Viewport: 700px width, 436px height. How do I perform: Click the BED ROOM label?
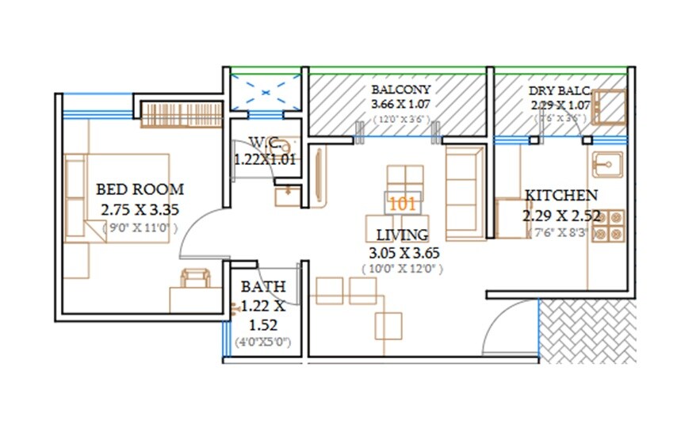point(140,190)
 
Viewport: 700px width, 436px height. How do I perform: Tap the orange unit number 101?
point(403,203)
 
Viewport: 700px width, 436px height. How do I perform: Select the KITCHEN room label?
point(560,196)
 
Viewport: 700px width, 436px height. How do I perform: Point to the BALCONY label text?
point(400,90)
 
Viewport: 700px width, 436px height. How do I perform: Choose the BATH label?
point(263,286)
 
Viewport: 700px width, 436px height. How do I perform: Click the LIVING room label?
point(402,235)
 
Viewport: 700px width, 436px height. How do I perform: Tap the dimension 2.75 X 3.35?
point(140,210)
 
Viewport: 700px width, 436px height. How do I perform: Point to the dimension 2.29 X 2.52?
point(560,215)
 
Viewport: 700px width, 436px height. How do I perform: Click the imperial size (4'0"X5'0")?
point(263,342)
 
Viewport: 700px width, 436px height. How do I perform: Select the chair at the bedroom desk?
point(195,278)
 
